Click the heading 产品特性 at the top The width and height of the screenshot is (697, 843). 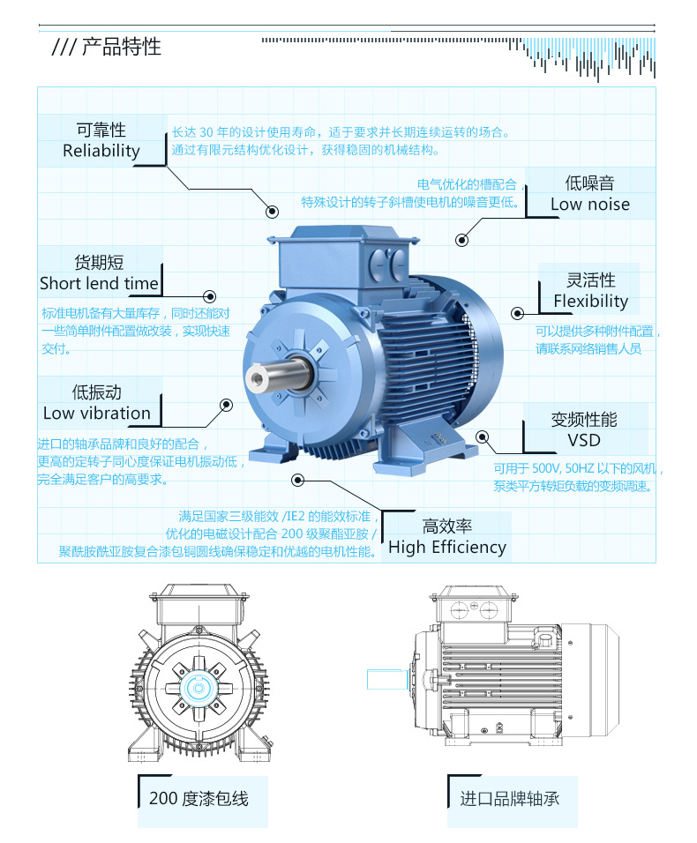[121, 47]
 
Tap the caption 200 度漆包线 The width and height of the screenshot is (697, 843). [199, 799]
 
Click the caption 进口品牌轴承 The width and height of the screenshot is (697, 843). [509, 799]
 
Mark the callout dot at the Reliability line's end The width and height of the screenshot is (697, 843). [272, 212]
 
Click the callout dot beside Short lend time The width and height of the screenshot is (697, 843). [209, 296]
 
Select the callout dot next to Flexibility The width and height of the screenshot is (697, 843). [518, 312]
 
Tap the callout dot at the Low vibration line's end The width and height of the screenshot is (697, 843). [226, 404]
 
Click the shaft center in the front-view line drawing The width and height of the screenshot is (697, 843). [199, 688]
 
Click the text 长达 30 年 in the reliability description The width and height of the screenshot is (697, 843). [199, 132]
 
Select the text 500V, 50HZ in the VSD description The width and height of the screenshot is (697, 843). [569, 469]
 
